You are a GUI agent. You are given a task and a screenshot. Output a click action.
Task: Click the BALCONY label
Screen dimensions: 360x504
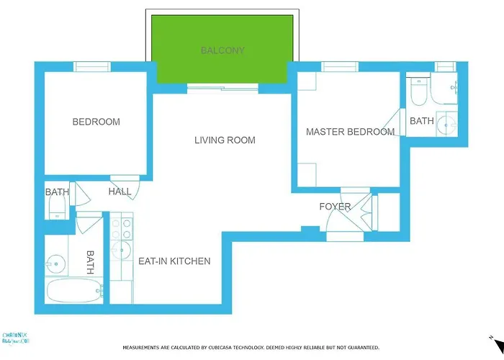pyautogui.click(x=222, y=50)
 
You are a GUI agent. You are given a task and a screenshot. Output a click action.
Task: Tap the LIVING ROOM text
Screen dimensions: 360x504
pyautogui.click(x=225, y=140)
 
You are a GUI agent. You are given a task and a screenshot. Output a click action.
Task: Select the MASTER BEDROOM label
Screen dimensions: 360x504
pyautogui.click(x=350, y=132)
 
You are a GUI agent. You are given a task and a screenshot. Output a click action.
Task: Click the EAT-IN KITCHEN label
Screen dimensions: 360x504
pyautogui.click(x=174, y=261)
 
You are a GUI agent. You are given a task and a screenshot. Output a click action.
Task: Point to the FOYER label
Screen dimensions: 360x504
pyautogui.click(x=335, y=207)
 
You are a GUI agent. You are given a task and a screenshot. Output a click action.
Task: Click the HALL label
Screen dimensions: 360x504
pyautogui.click(x=120, y=192)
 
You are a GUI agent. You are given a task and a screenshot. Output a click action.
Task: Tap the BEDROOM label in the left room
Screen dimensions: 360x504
pyautogui.click(x=96, y=122)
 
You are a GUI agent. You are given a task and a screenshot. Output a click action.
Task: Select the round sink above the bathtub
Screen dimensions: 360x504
pyautogui.click(x=55, y=264)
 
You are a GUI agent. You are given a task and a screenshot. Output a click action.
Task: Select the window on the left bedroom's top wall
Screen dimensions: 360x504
pyautogui.click(x=91, y=67)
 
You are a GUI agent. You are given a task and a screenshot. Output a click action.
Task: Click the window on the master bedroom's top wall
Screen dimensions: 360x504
pyautogui.click(x=340, y=67)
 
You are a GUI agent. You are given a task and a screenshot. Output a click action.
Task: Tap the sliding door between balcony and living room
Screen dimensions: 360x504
pyautogui.click(x=222, y=89)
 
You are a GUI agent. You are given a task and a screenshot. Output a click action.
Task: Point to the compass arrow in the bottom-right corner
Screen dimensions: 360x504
pyautogui.click(x=490, y=337)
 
